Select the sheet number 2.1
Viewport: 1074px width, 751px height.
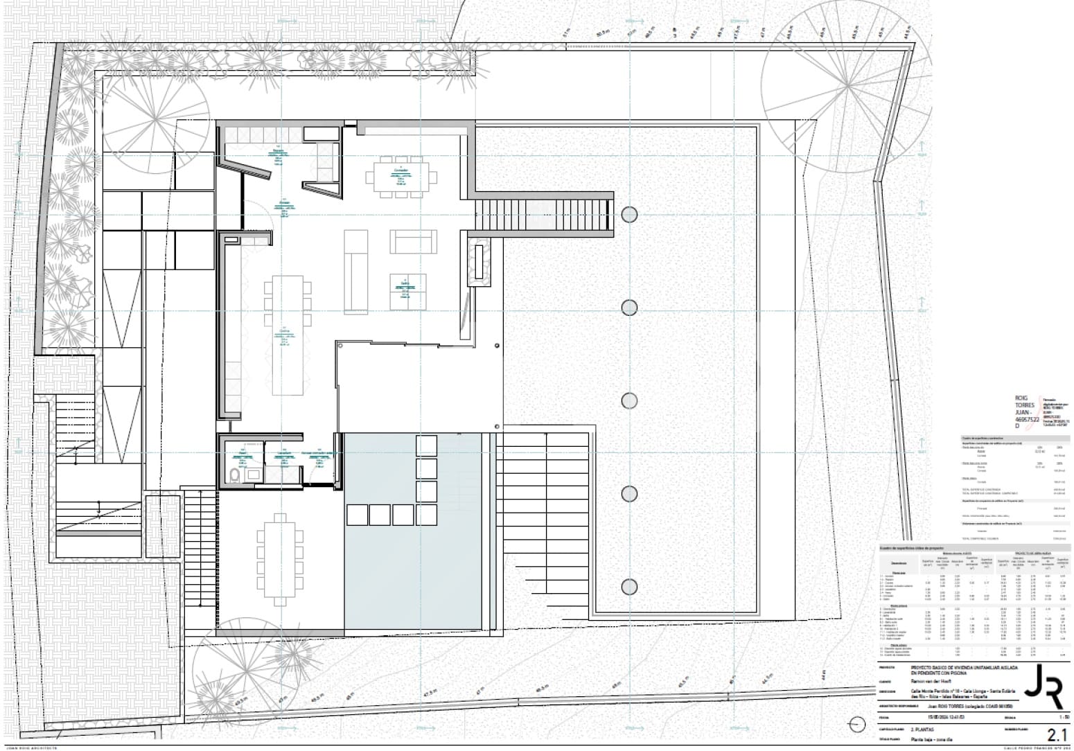tap(1056, 734)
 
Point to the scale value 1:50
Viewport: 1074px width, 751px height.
tap(1057, 717)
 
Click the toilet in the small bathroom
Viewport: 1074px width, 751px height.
tap(234, 475)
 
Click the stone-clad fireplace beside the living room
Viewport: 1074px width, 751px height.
tap(479, 261)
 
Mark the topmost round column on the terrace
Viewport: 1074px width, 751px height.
tap(628, 214)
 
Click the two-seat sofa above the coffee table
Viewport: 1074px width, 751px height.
tap(413, 242)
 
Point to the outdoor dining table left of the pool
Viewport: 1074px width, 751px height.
tap(280, 560)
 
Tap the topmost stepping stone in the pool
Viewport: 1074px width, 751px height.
tap(426, 444)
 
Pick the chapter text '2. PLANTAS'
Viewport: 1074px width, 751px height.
tap(919, 730)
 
